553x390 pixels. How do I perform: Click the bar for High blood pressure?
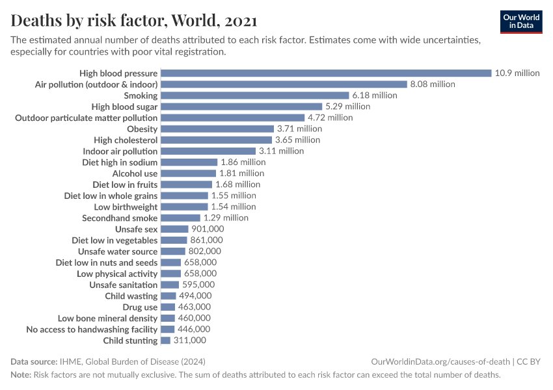pos(325,73)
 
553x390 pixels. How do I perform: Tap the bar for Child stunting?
pos(165,341)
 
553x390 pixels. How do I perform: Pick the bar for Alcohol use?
pos(188,174)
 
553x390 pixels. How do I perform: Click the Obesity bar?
pos(217,129)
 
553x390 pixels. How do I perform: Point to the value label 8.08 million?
pos(433,84)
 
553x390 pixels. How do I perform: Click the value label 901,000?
pos(208,229)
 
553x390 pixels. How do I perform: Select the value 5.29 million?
pos(348,107)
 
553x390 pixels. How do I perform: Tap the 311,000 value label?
pos(190,341)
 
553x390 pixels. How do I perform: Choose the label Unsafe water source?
pos(118,252)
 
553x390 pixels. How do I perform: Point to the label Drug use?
pos(140,307)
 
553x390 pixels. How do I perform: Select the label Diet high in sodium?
pos(120,162)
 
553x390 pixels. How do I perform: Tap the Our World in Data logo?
pos(521,21)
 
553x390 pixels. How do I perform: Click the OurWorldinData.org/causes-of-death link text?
pos(440,361)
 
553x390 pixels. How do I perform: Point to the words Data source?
pos(33,361)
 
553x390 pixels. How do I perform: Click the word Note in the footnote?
pos(20,375)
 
